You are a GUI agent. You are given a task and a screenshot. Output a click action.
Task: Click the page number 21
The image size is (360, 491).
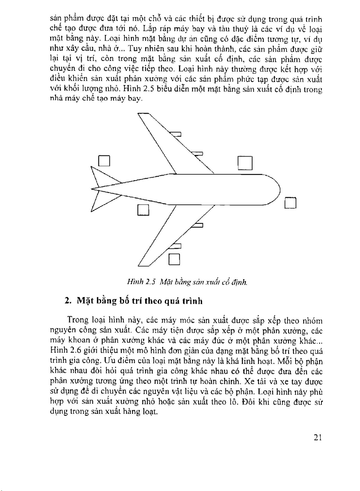(317, 437)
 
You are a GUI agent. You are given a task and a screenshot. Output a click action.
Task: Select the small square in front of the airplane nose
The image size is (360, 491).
(290, 203)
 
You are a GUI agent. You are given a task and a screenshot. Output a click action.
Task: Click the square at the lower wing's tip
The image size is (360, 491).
(175, 259)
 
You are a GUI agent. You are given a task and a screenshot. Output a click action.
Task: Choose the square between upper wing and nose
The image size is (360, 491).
(245, 163)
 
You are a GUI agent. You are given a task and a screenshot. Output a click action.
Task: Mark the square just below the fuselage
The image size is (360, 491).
(143, 210)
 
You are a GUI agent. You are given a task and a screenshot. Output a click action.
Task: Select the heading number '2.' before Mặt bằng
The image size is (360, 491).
(68, 301)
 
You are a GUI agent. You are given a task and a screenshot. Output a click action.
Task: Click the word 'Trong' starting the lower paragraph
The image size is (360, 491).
(78, 320)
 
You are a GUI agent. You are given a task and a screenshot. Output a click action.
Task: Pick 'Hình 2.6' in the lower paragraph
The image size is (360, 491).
(66, 351)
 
